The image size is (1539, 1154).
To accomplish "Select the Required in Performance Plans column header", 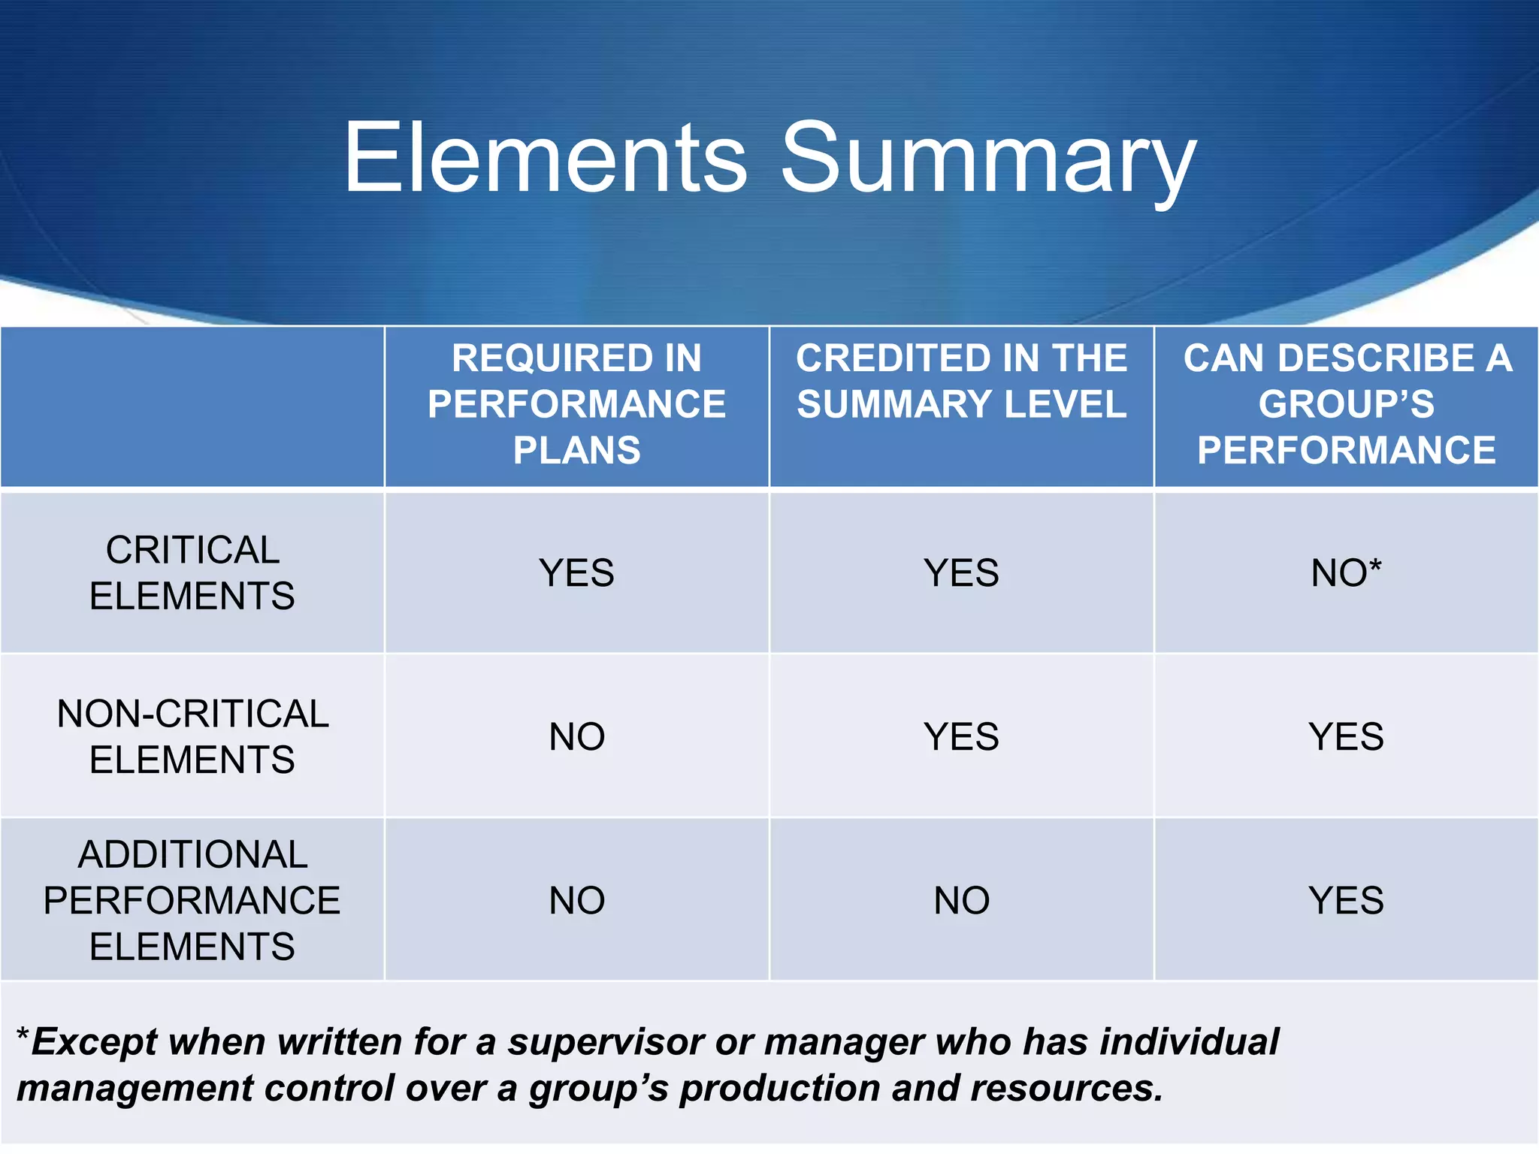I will pyautogui.click(x=576, y=404).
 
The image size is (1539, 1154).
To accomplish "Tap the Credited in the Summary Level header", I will pyautogui.click(x=961, y=381).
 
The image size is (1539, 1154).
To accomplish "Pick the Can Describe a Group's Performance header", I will pyautogui.click(x=1346, y=404).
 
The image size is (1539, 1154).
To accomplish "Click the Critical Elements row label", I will pyautogui.click(x=192, y=572).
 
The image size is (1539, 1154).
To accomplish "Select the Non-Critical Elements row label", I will pyautogui.click(x=192, y=736).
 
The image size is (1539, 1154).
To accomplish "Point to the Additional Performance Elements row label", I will pyautogui.click(x=192, y=900).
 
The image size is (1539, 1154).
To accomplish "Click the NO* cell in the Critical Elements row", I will pyautogui.click(x=1346, y=573).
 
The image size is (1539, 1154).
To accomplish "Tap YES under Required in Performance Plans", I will pyautogui.click(x=576, y=573).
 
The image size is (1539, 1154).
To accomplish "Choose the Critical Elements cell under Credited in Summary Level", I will pyautogui.click(x=961, y=573).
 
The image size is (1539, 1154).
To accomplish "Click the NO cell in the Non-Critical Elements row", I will pyautogui.click(x=576, y=736).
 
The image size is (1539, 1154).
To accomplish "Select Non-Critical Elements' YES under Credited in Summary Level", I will pyautogui.click(x=961, y=736).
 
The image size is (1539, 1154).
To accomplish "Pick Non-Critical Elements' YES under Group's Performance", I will pyautogui.click(x=1346, y=736).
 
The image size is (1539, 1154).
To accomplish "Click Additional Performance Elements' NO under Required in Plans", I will pyautogui.click(x=576, y=900).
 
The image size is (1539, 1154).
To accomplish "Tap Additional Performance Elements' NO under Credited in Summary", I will pyautogui.click(x=961, y=900).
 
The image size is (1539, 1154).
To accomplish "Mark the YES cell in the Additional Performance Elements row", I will pyautogui.click(x=1346, y=900).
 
